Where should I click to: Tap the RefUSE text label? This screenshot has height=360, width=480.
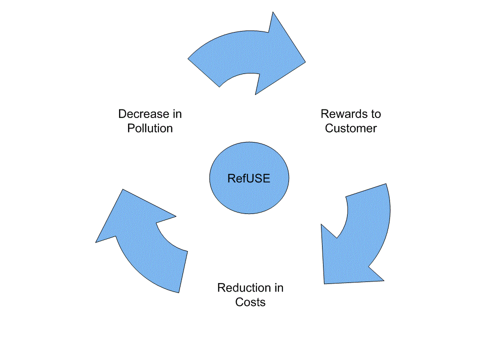248,178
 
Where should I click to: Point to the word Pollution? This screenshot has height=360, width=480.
150,128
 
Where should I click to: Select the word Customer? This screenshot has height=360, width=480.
350,128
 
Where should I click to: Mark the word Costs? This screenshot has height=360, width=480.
250,302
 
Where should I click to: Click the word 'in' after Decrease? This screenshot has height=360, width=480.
176,114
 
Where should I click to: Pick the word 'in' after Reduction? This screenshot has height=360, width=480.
278,288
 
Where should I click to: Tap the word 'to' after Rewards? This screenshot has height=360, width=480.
375,114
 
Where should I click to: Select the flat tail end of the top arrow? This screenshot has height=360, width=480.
204,72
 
